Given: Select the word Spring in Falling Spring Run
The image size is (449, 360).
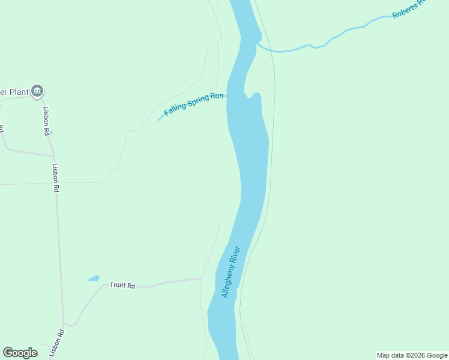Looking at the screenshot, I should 199,100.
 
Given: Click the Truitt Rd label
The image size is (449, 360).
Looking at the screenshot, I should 122,286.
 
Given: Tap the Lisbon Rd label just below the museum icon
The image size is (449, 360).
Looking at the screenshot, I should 46,121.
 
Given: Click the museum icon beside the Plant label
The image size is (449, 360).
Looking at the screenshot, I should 37,91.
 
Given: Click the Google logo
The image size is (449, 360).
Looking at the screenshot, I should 20,353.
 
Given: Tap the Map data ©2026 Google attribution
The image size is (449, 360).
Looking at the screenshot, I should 412,355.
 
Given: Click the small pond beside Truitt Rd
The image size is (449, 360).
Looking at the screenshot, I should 94,278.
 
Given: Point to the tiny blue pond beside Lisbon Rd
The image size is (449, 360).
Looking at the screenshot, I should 50,133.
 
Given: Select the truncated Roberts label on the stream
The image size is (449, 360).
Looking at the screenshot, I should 408,9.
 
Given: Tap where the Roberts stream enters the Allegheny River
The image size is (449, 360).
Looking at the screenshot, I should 259,44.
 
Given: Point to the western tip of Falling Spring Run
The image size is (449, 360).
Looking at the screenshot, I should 158,119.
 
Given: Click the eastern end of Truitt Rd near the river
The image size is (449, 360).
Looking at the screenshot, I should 200,279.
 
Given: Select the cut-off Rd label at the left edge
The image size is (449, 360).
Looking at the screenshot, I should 2,129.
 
